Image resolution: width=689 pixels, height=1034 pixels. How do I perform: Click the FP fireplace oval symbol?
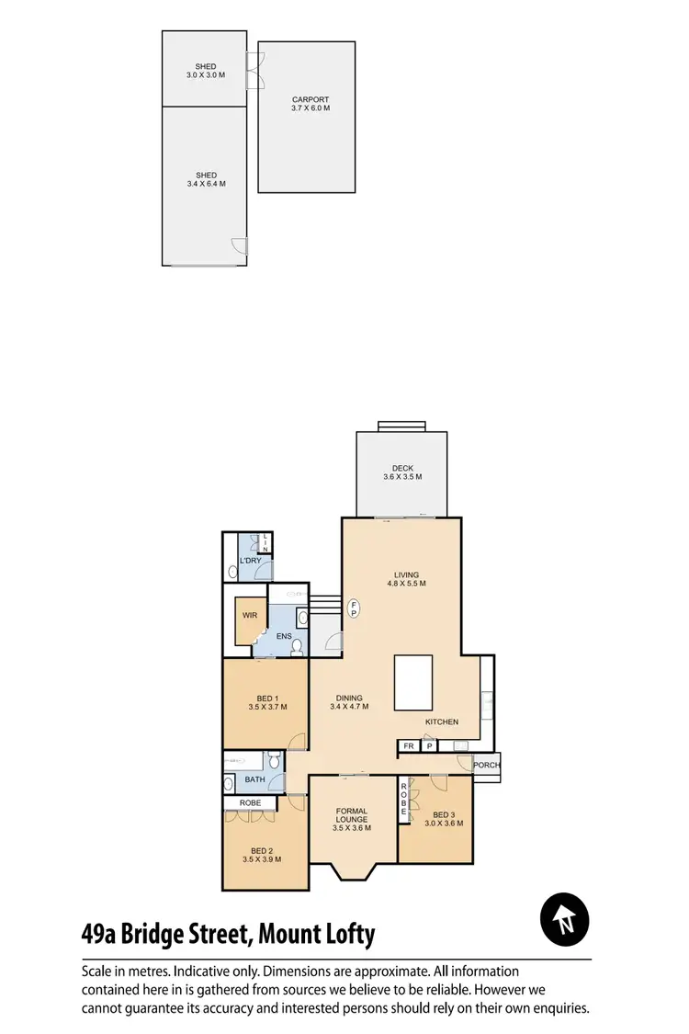coord(354,608)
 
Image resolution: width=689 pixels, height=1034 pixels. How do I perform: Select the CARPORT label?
coord(310,99)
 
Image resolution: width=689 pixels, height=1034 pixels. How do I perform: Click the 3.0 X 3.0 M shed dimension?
coord(205,75)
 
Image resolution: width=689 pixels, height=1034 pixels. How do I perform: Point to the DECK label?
coord(402,469)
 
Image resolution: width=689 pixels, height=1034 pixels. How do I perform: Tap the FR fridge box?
coord(409,746)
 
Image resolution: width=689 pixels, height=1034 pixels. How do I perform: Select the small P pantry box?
coord(429,746)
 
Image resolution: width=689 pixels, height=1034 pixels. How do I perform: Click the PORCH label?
coord(486,766)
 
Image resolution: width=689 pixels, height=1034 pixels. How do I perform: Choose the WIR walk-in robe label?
coord(249,615)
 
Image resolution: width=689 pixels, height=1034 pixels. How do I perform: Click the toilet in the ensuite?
coord(296,648)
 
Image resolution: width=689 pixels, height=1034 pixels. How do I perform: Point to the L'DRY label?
coord(251,561)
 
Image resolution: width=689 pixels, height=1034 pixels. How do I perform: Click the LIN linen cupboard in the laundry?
coord(265,542)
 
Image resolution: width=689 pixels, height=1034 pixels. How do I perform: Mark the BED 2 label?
coord(262,849)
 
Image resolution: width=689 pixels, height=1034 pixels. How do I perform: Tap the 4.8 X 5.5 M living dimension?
coord(406,584)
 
